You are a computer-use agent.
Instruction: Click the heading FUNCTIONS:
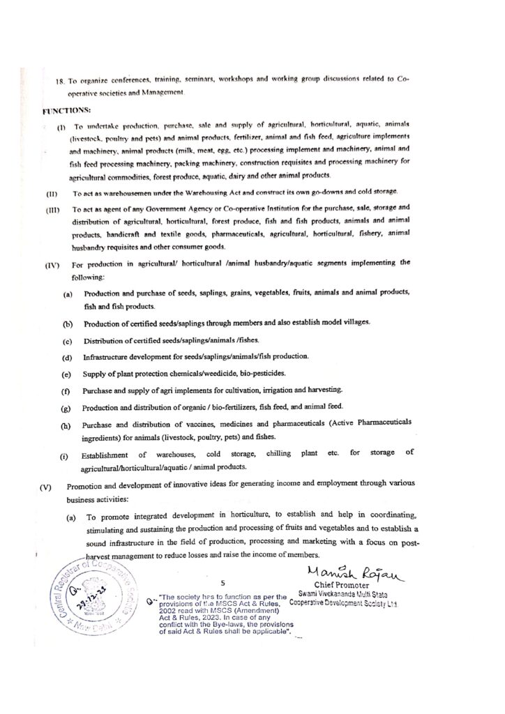66,110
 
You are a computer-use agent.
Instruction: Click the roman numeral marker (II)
52,192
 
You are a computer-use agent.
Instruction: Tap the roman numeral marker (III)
54,208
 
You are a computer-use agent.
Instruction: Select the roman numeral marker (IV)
54,264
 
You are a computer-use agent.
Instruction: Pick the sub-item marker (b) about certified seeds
68,324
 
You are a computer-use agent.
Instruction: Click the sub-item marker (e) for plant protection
68,374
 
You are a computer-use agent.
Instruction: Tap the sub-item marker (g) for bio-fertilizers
68,407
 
